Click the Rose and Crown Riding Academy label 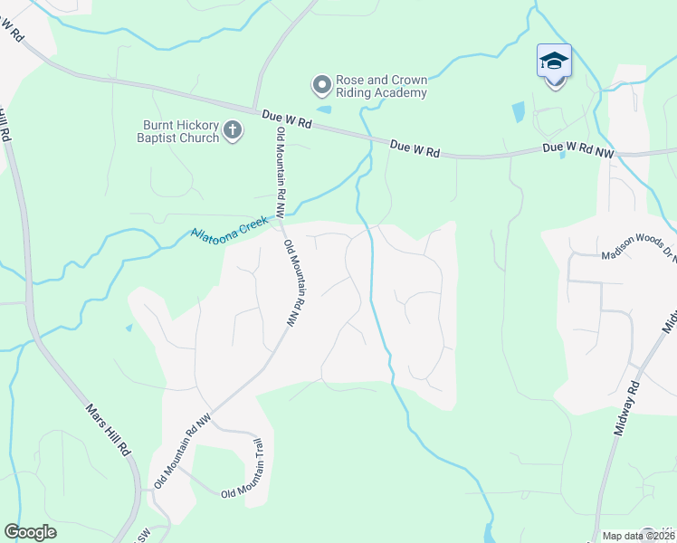click(381, 86)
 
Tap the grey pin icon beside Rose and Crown click(321, 86)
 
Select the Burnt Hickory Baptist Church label click(181, 132)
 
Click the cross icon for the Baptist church click(233, 132)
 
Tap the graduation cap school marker click(554, 62)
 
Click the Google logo click(30, 532)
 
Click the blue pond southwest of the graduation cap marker click(518, 112)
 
